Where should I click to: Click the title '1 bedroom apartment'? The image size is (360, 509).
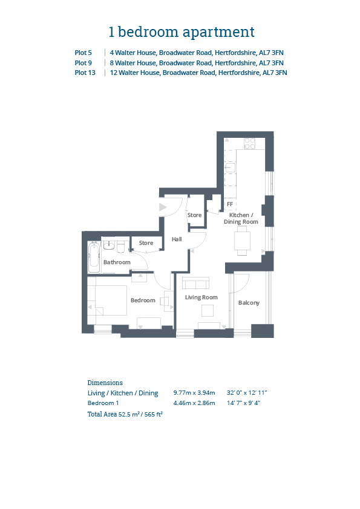click(x=182, y=32)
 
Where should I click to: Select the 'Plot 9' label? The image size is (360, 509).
click(x=83, y=63)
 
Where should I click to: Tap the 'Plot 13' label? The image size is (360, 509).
click(x=85, y=73)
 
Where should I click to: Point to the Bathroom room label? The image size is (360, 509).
click(x=117, y=262)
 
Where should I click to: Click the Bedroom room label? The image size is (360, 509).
click(x=143, y=300)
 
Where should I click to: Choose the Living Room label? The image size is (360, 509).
click(x=201, y=297)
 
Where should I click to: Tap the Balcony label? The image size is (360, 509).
click(x=249, y=303)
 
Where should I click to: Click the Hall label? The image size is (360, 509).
click(x=177, y=239)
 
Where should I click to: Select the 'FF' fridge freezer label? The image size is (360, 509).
click(x=230, y=204)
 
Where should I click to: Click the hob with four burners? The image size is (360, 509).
click(x=249, y=143)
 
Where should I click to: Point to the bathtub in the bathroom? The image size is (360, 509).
click(x=94, y=257)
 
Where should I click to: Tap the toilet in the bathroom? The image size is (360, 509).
click(x=121, y=247)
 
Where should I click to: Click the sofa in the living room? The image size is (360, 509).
click(x=195, y=283)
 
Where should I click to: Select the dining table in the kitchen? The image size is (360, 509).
click(x=243, y=241)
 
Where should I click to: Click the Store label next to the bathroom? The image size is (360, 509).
click(x=146, y=243)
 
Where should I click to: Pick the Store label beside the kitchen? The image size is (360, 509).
click(x=195, y=215)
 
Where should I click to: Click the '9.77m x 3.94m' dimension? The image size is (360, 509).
click(x=194, y=393)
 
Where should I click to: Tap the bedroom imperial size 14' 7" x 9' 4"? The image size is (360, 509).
click(x=244, y=403)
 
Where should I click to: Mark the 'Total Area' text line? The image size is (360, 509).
click(x=125, y=414)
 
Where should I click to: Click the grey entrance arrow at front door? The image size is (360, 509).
click(x=163, y=207)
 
